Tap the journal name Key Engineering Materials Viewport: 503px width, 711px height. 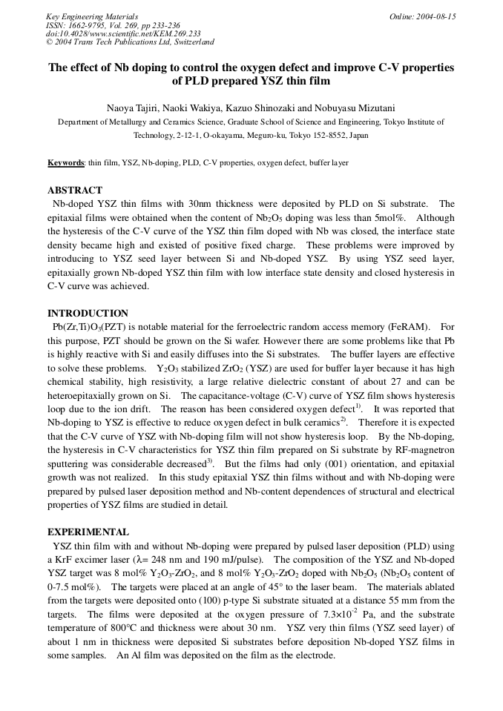(x=92, y=16)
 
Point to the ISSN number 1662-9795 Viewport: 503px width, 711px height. (x=91, y=25)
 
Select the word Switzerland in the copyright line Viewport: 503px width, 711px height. (x=191, y=42)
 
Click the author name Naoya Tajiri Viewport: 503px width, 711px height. (x=133, y=109)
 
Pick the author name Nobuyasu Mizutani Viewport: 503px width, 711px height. (x=355, y=109)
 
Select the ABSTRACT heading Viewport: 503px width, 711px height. (x=75, y=191)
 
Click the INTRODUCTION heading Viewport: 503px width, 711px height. (x=88, y=314)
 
